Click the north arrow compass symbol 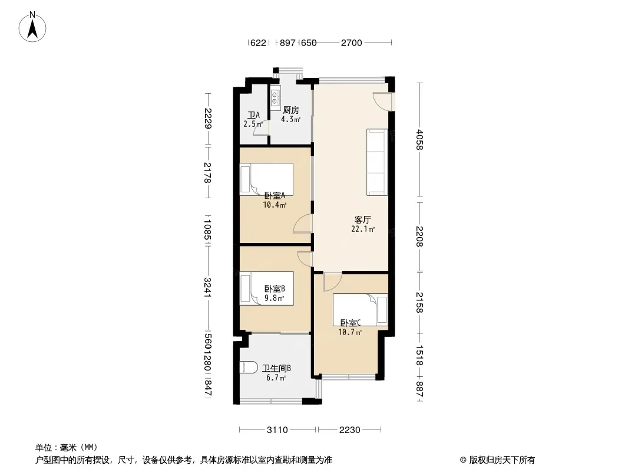pyautogui.click(x=32, y=27)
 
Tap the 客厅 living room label pyautogui.click(x=362, y=219)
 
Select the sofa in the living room pyautogui.click(x=377, y=162)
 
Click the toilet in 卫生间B pyautogui.click(x=249, y=368)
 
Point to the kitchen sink pyautogui.click(x=276, y=99)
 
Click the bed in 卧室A pyautogui.click(x=266, y=179)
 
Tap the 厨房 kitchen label pyautogui.click(x=291, y=110)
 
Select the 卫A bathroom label pyautogui.click(x=253, y=116)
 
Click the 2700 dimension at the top pyautogui.click(x=351, y=43)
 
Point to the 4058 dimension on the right pyautogui.click(x=419, y=139)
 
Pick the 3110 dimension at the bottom pyautogui.click(x=277, y=430)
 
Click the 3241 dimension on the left pyautogui.click(x=207, y=287)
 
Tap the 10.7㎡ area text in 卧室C pyautogui.click(x=350, y=332)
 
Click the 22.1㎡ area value pyautogui.click(x=363, y=230)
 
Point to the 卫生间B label pyautogui.click(x=276, y=369)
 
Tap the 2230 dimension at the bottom pyautogui.click(x=350, y=430)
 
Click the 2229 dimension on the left pyautogui.click(x=207, y=119)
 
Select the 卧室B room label pyautogui.click(x=275, y=289)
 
